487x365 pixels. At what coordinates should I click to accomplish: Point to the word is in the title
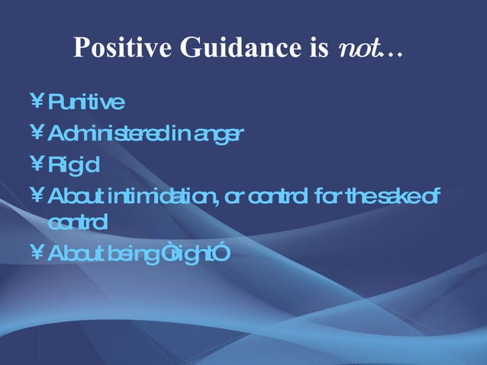[x=316, y=47]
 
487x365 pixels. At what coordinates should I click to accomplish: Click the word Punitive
[x=85, y=102]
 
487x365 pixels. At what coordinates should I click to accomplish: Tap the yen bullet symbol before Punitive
[x=36, y=102]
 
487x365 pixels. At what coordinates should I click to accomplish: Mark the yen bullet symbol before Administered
[x=36, y=134]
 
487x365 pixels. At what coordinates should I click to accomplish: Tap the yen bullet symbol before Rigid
[x=36, y=164]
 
